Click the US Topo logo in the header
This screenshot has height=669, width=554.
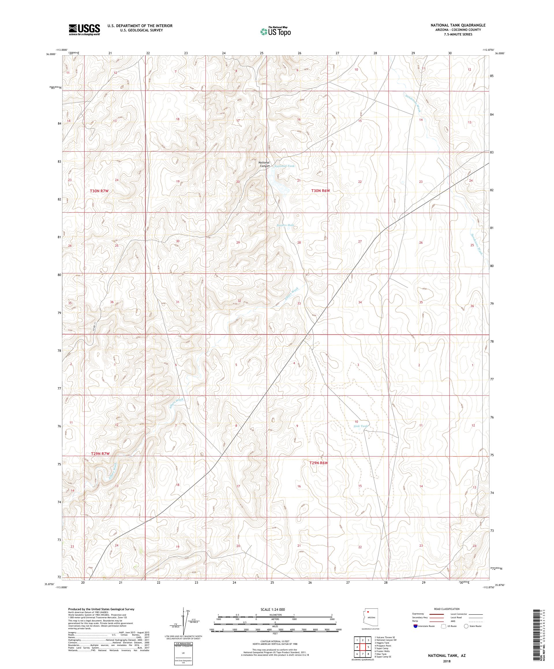[x=276, y=31]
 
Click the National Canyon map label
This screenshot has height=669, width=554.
[x=264, y=164]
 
